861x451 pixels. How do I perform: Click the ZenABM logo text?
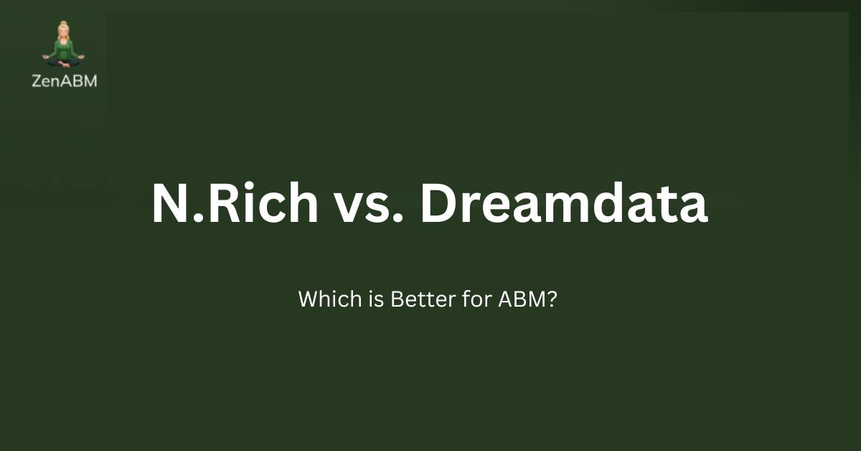(x=65, y=80)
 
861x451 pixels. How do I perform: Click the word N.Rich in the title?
(x=235, y=203)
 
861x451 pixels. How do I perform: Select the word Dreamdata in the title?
(x=564, y=203)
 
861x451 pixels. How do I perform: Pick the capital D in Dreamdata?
(x=440, y=203)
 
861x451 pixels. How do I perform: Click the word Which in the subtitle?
(x=321, y=299)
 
